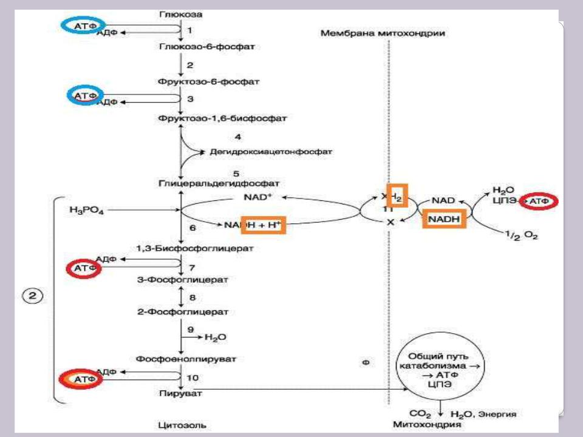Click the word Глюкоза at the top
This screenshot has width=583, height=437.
tap(180, 13)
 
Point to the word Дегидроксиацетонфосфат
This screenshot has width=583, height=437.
tap(271, 151)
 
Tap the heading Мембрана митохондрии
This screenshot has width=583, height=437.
tap(383, 34)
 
